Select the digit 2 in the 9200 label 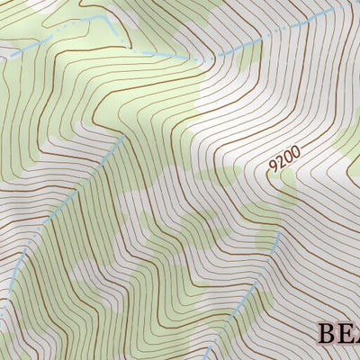pos(280,164)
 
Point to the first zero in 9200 pos(287,157)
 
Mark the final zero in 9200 pos(294,152)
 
